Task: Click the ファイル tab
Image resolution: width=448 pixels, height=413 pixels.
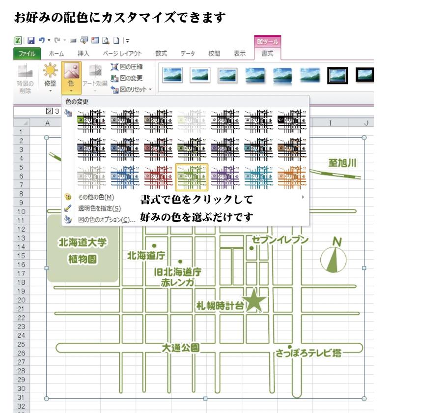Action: [27, 54]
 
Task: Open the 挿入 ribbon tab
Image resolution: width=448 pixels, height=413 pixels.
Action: [83, 54]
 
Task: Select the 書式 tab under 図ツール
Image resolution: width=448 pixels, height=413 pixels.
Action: [267, 54]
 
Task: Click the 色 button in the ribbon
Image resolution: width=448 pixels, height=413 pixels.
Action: [71, 78]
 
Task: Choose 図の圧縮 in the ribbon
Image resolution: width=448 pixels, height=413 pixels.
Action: [127, 67]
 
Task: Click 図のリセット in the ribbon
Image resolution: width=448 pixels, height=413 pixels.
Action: [131, 89]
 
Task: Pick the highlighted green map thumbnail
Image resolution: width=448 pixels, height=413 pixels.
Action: [192, 177]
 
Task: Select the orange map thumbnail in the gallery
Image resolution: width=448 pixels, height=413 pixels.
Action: [292, 177]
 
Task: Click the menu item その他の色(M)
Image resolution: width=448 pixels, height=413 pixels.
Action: [96, 197]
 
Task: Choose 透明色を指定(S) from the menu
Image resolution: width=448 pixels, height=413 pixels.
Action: [99, 208]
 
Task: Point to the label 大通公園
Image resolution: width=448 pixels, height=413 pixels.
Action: [180, 348]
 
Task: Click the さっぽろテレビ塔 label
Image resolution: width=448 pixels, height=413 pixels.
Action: [308, 353]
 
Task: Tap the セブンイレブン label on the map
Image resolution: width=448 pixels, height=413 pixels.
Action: [280, 239]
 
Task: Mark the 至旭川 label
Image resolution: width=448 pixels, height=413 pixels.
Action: [342, 163]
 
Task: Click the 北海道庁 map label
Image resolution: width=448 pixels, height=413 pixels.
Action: [146, 255]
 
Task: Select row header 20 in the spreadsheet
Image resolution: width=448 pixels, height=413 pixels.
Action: [22, 300]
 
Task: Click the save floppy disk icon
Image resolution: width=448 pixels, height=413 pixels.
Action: [31, 41]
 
